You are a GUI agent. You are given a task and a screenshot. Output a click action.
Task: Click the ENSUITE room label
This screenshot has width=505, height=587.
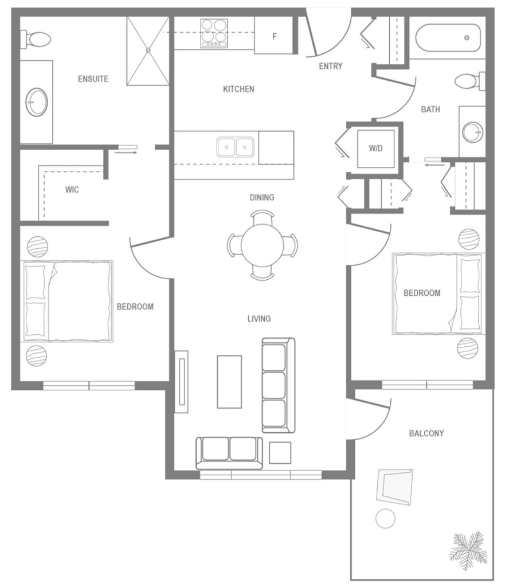pos(93,79)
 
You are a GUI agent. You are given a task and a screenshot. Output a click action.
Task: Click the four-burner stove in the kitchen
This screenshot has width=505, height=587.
pos(214,33)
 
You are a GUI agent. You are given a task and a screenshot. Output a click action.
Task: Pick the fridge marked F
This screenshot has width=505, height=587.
pos(274,36)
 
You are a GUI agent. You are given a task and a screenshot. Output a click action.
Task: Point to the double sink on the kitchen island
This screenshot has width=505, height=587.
pos(236,147)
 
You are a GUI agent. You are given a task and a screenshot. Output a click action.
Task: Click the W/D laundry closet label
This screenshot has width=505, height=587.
pos(375,148)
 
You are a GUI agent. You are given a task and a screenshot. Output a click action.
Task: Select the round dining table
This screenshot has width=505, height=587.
pos(263,245)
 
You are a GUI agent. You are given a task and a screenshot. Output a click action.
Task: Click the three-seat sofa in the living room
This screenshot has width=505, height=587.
pos(278,385)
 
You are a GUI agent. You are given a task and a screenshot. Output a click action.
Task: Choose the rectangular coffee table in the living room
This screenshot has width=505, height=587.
pos(229,381)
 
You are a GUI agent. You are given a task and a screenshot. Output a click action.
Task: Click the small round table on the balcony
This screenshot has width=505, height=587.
pos(385,519)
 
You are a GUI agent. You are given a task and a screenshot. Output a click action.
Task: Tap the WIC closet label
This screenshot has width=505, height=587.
pos(72,190)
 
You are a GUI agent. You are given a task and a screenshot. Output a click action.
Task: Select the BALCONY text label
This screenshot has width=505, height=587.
pos(426,433)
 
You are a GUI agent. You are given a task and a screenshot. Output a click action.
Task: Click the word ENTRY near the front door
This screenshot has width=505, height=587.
pos(330,66)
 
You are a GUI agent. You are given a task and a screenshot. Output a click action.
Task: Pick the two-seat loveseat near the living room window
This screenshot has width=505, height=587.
pos(229,451)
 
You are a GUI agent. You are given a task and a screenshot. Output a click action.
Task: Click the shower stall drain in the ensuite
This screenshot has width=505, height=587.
pos(148,50)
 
